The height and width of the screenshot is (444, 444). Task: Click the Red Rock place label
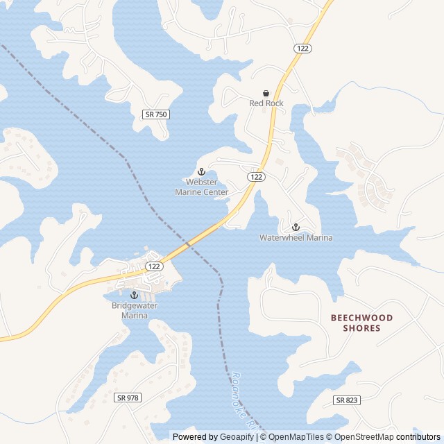tap(266, 103)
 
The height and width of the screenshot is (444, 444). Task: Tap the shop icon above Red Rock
tap(266, 93)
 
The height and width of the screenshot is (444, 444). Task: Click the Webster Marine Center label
tap(201, 187)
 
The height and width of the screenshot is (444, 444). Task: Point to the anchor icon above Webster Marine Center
tap(202, 171)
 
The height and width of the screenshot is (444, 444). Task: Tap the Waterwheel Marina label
tap(296, 237)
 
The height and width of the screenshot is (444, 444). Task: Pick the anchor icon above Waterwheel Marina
tap(296, 227)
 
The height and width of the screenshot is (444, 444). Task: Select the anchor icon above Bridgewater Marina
tap(135, 295)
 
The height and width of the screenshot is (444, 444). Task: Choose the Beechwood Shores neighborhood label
tap(361, 323)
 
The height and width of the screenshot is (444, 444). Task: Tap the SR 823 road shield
tap(347, 400)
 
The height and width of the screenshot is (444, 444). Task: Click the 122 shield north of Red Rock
tap(302, 48)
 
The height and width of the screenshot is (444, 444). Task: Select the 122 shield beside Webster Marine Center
tap(256, 177)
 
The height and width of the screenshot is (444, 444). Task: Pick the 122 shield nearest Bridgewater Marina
tap(154, 266)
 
